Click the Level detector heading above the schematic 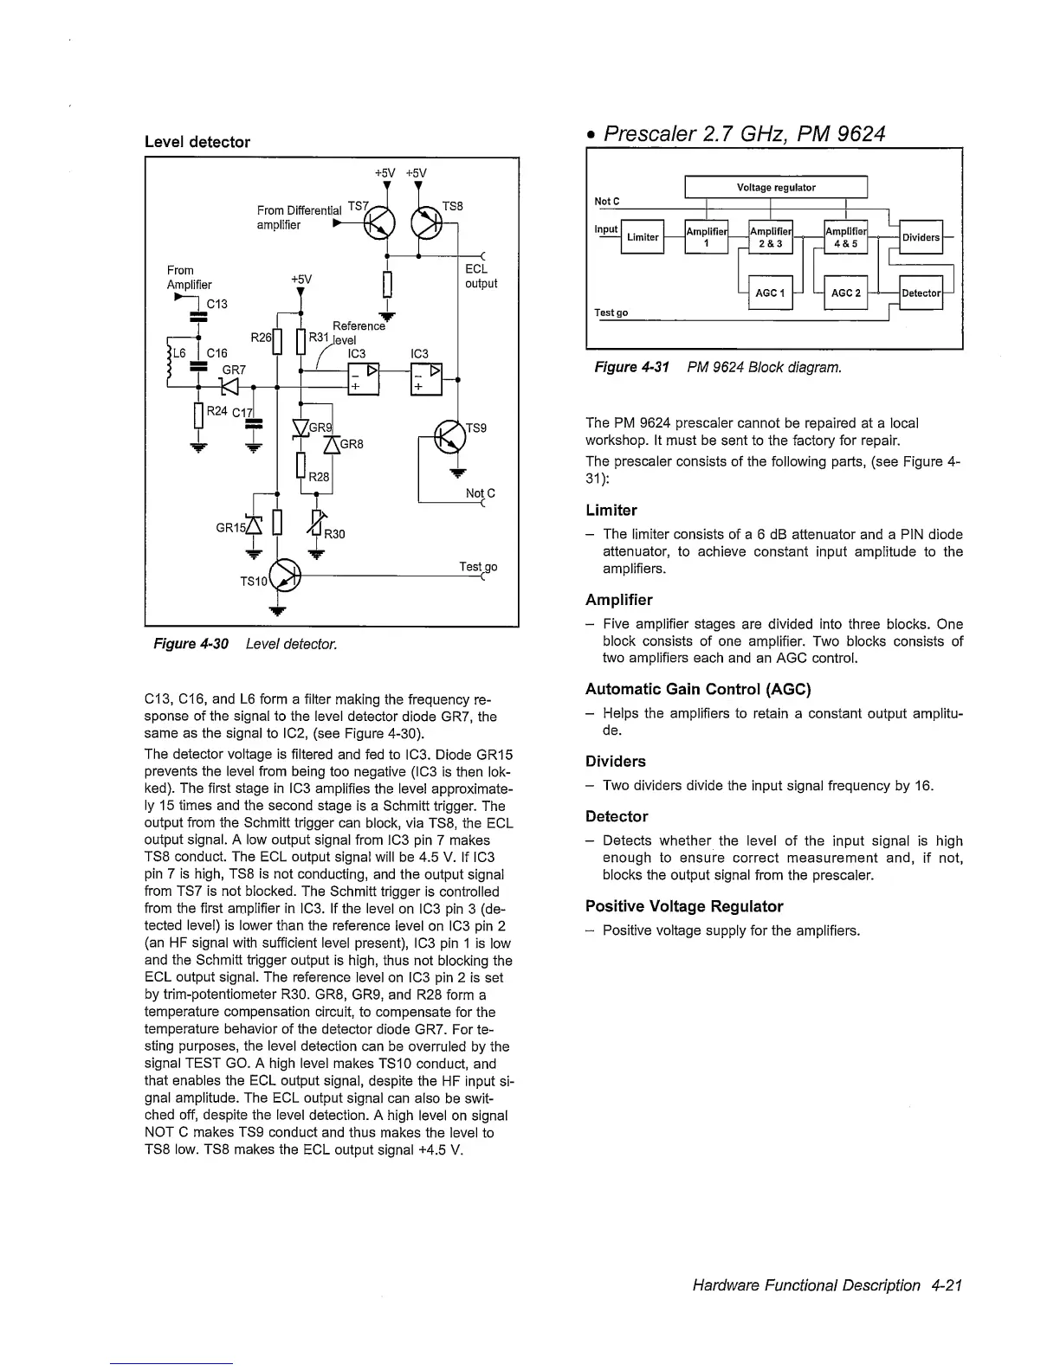point(197,142)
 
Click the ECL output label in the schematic point(481,276)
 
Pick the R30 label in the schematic point(334,534)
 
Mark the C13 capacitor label point(217,304)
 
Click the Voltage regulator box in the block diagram point(776,188)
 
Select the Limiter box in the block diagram point(643,237)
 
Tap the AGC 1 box point(769,293)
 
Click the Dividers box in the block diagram point(921,237)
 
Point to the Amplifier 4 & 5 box point(845,237)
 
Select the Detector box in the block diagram point(921,293)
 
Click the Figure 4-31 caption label point(631,368)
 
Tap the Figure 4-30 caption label point(191,645)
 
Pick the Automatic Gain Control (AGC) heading point(698,690)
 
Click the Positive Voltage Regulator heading point(684,906)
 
